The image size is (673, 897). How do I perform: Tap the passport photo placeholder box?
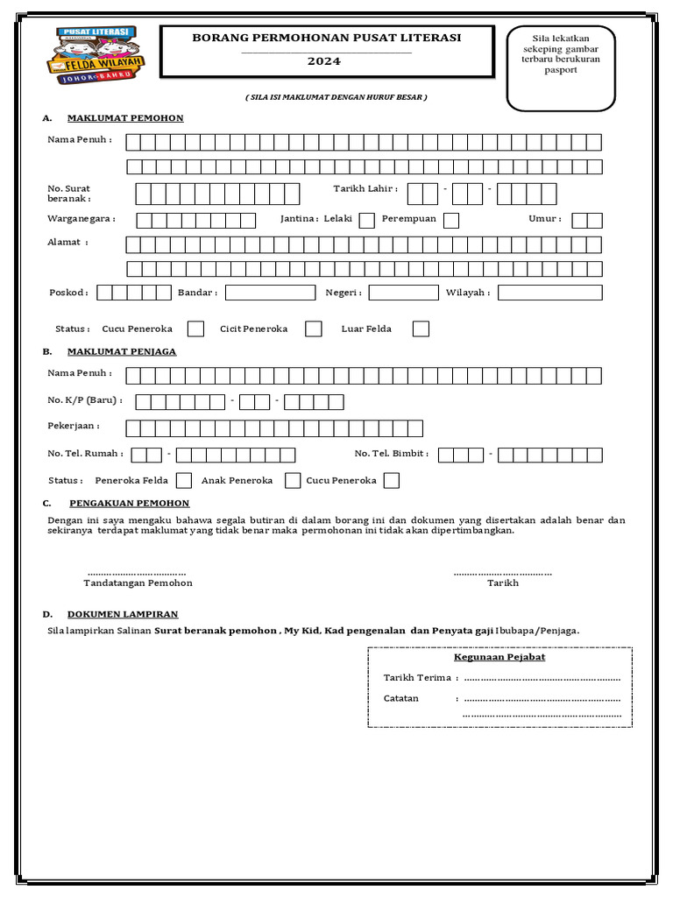(x=561, y=68)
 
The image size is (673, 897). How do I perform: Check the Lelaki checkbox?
(x=367, y=220)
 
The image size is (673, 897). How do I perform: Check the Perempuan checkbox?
(x=451, y=220)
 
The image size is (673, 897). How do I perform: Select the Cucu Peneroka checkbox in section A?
(x=196, y=328)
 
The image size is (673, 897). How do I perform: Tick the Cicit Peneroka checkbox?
(x=314, y=328)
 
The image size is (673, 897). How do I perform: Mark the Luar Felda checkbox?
(x=422, y=328)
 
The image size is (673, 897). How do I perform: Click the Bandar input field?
(x=270, y=293)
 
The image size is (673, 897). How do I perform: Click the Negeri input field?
(x=403, y=293)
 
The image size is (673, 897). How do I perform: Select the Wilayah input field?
(x=550, y=293)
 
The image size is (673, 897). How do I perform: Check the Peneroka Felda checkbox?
(x=184, y=480)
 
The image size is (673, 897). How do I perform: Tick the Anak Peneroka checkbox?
(x=294, y=480)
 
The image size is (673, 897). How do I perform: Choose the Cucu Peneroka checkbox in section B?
(x=392, y=480)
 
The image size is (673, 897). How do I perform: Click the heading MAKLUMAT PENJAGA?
(x=122, y=351)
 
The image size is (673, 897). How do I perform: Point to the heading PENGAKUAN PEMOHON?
(x=129, y=503)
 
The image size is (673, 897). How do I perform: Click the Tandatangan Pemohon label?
(x=138, y=583)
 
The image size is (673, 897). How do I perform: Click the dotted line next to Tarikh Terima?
(x=542, y=678)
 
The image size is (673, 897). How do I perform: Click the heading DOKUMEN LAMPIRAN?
(x=124, y=614)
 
